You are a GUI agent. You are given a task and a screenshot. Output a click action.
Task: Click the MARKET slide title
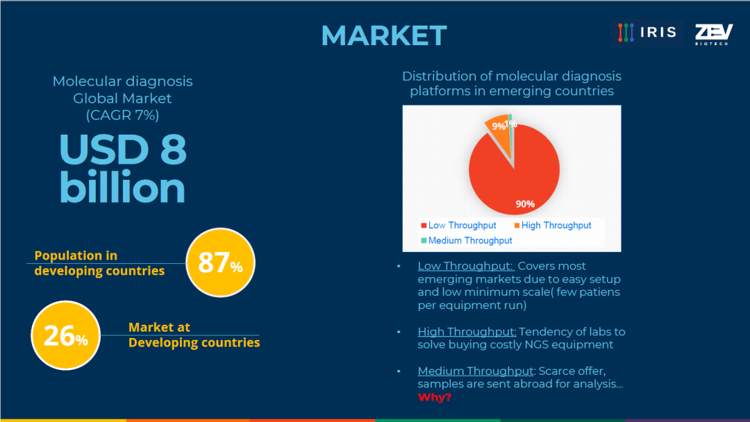point(383,35)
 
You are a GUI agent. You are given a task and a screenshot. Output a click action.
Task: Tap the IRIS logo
point(648,33)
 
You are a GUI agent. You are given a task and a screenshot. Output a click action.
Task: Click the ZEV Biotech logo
point(714,34)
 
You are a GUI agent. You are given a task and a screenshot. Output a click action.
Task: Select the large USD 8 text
point(123,149)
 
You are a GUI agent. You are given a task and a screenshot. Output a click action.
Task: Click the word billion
point(122,187)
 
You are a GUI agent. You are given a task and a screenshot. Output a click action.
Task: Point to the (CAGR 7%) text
point(122,115)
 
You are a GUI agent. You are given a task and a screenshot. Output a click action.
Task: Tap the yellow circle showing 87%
point(221,262)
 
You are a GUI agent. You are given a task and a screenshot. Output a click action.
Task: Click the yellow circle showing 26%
point(65,335)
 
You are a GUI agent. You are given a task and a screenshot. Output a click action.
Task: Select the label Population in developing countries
point(99,263)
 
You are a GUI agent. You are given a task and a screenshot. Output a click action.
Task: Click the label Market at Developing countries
point(194,335)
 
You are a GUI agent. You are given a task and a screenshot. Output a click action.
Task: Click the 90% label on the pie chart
point(525,204)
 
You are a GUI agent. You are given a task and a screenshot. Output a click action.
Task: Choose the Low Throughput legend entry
point(458,225)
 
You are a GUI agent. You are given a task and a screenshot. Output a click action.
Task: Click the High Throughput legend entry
point(553,225)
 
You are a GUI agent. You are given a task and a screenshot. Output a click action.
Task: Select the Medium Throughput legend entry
point(467,240)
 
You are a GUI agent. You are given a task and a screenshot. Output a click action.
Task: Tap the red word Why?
point(434,397)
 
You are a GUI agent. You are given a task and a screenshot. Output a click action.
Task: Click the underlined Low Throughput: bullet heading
point(465,267)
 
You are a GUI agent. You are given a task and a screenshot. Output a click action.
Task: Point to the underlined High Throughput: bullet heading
point(467,332)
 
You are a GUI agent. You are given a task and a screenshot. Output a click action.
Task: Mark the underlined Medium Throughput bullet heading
point(476,371)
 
